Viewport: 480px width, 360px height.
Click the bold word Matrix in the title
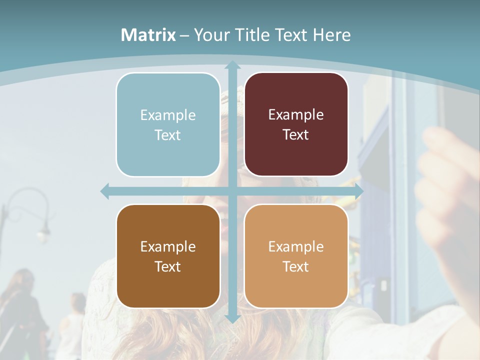pos(148,35)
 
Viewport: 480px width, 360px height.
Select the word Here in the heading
pos(331,35)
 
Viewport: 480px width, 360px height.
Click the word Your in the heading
pos(209,35)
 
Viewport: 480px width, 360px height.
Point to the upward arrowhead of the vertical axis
pos(232,65)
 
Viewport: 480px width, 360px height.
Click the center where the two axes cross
pos(232,191)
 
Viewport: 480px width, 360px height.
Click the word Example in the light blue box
pos(168,115)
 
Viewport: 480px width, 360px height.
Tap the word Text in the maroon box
pos(296,135)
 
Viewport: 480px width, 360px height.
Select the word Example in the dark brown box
pos(168,246)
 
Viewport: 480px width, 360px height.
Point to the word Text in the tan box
pos(296,266)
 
